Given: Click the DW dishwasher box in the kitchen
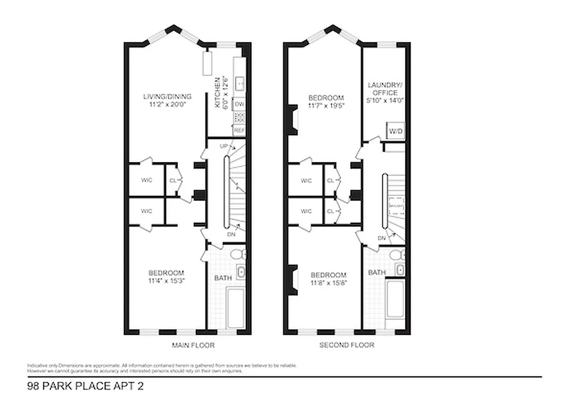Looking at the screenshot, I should [x=239, y=104].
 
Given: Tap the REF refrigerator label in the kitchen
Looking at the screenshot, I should [x=239, y=130].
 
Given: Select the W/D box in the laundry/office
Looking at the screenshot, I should [x=395, y=131].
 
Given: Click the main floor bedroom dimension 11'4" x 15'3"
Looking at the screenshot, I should [x=166, y=280].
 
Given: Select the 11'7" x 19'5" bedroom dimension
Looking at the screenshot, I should [x=326, y=106].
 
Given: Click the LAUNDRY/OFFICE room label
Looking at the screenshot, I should [x=385, y=89].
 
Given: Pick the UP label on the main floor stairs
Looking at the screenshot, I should [x=223, y=146].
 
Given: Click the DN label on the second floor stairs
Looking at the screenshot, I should [x=382, y=238].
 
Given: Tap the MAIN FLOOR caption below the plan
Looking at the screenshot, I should [x=193, y=345].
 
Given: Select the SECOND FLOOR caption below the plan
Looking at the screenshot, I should [x=347, y=345].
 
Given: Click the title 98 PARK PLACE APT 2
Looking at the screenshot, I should [x=85, y=386].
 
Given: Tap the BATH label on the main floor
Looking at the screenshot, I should [x=223, y=278].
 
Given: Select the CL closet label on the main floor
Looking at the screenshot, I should [x=172, y=180].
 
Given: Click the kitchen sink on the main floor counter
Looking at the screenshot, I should [x=240, y=81].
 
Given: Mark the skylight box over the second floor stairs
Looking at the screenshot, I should [x=395, y=205].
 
